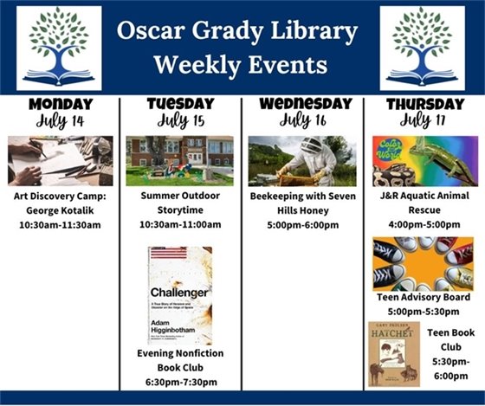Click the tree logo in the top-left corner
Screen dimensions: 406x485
coord(59,48)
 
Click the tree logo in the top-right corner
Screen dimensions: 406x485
coord(422,48)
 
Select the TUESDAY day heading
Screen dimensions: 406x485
coord(180,103)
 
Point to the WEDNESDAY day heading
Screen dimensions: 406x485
coord(301,104)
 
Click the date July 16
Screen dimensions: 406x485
coord(301,120)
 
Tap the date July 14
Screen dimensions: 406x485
coord(60,120)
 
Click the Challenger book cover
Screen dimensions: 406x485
coord(179,295)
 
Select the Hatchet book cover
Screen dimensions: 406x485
coord(394,352)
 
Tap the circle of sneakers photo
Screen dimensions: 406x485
coord(423,262)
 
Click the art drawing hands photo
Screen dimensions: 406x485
coord(60,160)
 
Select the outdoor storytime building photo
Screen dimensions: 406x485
coord(180,160)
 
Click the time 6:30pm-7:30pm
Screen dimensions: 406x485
coord(180,382)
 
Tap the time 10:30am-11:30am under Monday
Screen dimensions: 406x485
coord(60,224)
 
